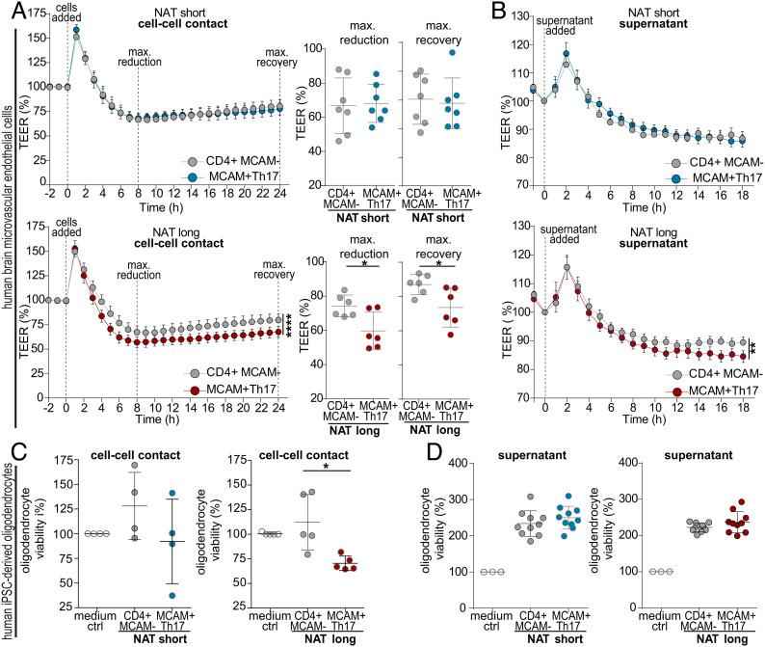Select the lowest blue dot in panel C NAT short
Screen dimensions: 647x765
pyautogui.click(x=145, y=595)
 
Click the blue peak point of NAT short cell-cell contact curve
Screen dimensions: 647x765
pyautogui.click(x=76, y=30)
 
